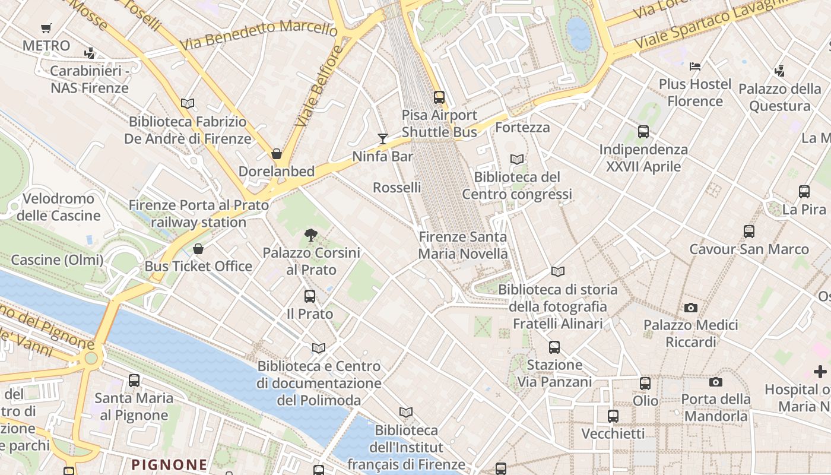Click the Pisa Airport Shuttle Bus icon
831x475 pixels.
point(439,97)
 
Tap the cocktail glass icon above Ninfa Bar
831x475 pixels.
point(383,139)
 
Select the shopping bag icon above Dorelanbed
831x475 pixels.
point(277,154)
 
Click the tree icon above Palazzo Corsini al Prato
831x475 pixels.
point(310,235)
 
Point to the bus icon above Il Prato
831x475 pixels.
point(310,296)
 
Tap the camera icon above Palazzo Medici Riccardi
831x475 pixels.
point(690,308)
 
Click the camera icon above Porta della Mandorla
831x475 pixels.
point(716,382)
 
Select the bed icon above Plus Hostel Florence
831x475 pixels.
point(695,66)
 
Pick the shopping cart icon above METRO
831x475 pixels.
point(46,28)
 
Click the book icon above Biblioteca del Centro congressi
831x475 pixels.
point(517,159)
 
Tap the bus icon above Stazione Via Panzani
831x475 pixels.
point(554,347)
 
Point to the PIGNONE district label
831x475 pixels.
point(170,464)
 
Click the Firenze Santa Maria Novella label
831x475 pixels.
point(463,245)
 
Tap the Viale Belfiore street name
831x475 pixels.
point(319,86)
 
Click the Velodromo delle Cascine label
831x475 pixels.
point(58,207)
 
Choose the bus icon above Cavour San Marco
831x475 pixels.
point(749,231)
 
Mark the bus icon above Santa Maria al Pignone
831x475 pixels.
point(134,380)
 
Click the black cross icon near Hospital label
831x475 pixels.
point(820,372)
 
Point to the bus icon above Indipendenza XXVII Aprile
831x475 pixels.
point(643,132)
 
